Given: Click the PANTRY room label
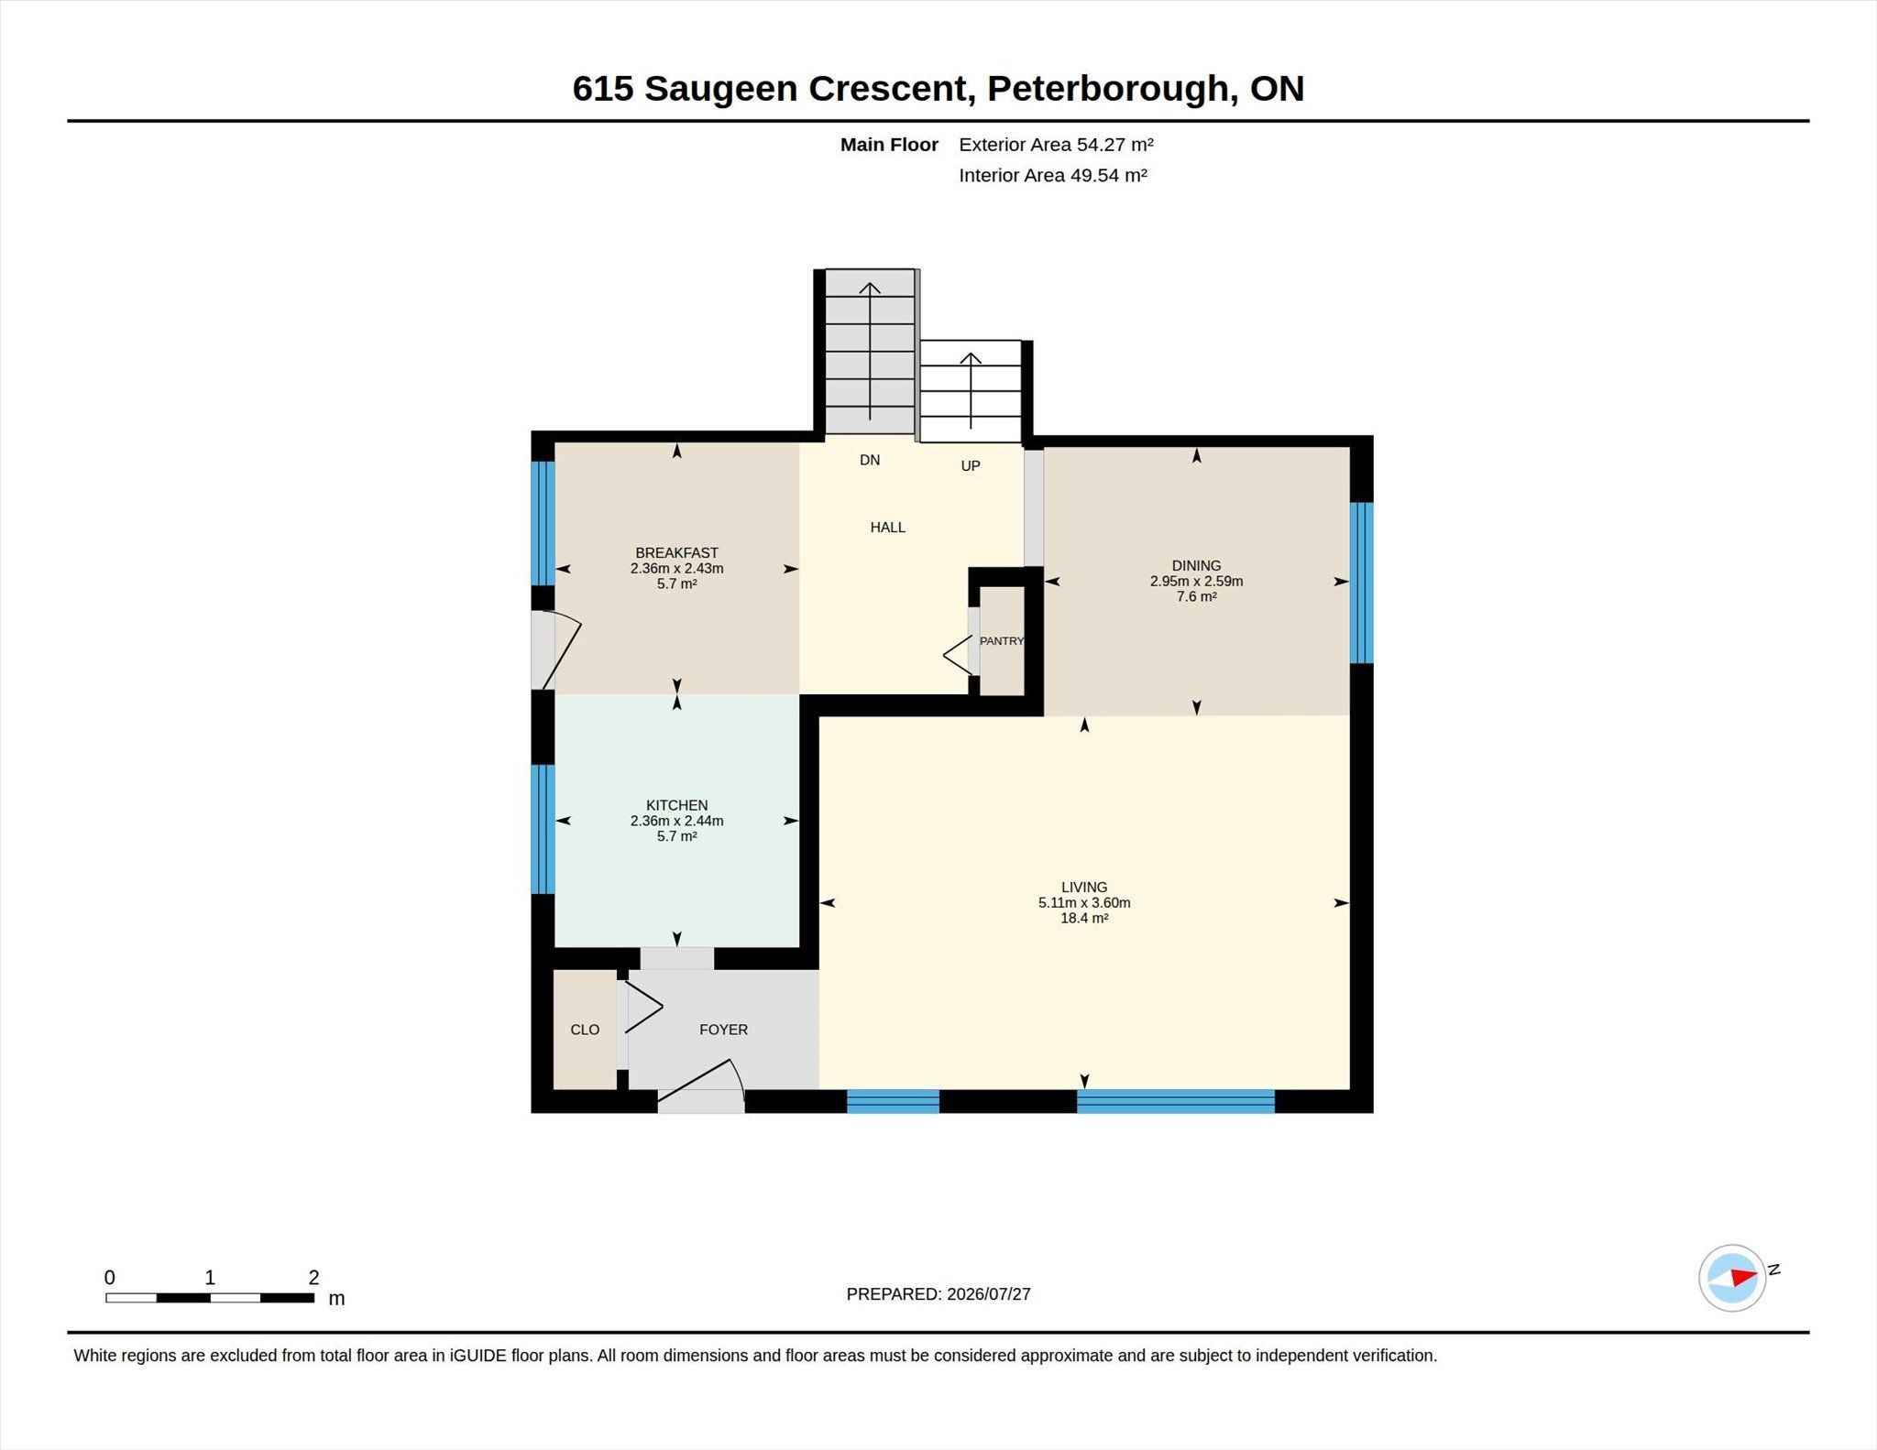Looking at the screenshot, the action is tap(1001, 641).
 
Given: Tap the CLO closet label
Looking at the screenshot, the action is tap(585, 1030).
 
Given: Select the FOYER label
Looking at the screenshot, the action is tap(723, 1030).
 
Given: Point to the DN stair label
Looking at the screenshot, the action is tap(870, 460).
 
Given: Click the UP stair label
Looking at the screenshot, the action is tap(971, 465).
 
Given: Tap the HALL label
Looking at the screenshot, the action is tap(887, 527).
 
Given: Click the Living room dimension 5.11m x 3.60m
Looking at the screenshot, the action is tap(1084, 902).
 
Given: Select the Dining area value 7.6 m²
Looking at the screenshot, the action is tap(1196, 596).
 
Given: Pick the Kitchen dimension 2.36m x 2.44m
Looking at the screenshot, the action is tap(676, 821).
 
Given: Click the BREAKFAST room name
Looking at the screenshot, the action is tap(676, 552).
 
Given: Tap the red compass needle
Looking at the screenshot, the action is tap(1744, 1277).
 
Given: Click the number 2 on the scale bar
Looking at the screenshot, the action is tap(313, 1277).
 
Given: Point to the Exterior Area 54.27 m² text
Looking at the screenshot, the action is tap(1056, 145).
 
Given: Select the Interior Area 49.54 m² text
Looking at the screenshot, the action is tap(1053, 175).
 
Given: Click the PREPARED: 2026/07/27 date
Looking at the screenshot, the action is tap(938, 1294).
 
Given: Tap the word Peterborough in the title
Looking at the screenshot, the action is tap(1107, 89).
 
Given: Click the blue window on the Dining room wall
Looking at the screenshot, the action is tap(1362, 583).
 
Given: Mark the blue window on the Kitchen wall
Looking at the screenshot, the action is tap(543, 829).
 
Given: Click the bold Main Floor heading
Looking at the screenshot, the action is tap(889, 145).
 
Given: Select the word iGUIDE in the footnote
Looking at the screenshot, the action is tap(477, 1356).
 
